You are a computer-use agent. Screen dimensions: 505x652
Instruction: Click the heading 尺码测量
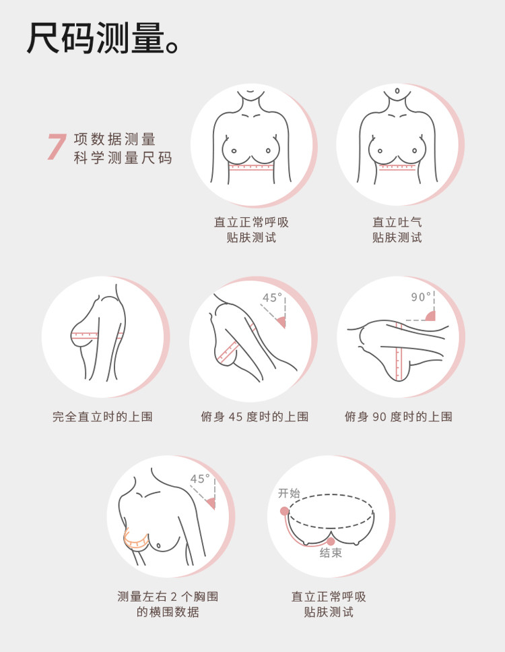click(96, 38)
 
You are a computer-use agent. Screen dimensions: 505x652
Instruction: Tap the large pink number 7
click(57, 147)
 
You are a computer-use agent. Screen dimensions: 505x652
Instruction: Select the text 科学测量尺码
click(123, 158)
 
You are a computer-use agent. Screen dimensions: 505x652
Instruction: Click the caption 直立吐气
click(397, 222)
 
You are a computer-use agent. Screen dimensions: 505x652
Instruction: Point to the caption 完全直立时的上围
click(102, 417)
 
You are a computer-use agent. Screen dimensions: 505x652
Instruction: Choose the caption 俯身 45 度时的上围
click(255, 417)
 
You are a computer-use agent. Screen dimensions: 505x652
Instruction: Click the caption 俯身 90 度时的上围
click(398, 417)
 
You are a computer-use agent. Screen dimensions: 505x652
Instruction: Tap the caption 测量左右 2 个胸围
click(168, 597)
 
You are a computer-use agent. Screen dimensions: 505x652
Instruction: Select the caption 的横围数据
click(168, 612)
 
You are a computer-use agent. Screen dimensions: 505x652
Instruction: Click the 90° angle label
click(421, 297)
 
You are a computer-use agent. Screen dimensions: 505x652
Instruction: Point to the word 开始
click(289, 493)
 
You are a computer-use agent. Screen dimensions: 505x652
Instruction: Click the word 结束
click(331, 553)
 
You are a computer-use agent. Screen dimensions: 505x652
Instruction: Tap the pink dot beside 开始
click(284, 511)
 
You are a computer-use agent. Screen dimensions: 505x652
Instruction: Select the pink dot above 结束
click(331, 541)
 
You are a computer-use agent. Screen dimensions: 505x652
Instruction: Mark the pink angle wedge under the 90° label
click(431, 316)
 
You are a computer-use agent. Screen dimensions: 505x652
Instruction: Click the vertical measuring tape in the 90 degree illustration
click(399, 351)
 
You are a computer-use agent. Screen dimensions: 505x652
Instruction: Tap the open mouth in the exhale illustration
click(397, 90)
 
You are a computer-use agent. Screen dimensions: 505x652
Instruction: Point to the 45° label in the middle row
click(273, 298)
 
